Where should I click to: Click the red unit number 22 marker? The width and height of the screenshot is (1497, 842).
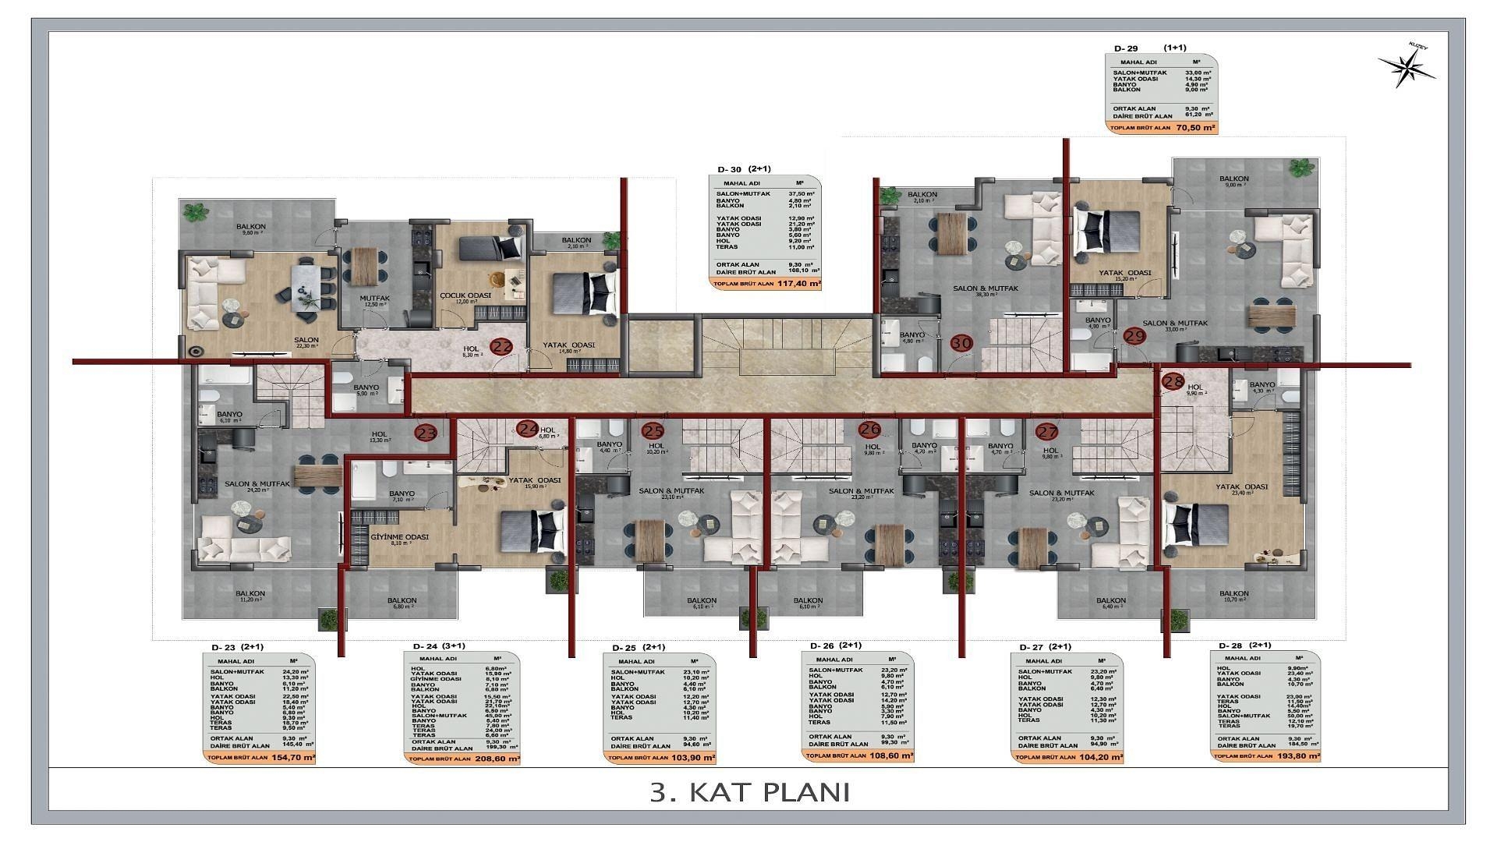(x=501, y=348)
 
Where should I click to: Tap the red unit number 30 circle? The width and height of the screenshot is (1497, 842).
(x=962, y=342)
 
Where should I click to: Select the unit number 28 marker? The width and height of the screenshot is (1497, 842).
(x=1172, y=381)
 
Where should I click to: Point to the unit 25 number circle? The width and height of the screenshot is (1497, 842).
(x=652, y=430)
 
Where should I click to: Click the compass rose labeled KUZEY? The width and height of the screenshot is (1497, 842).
(x=1407, y=69)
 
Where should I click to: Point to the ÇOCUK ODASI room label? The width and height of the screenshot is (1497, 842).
(x=465, y=295)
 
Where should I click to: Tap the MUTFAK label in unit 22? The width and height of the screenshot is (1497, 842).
(x=374, y=299)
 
